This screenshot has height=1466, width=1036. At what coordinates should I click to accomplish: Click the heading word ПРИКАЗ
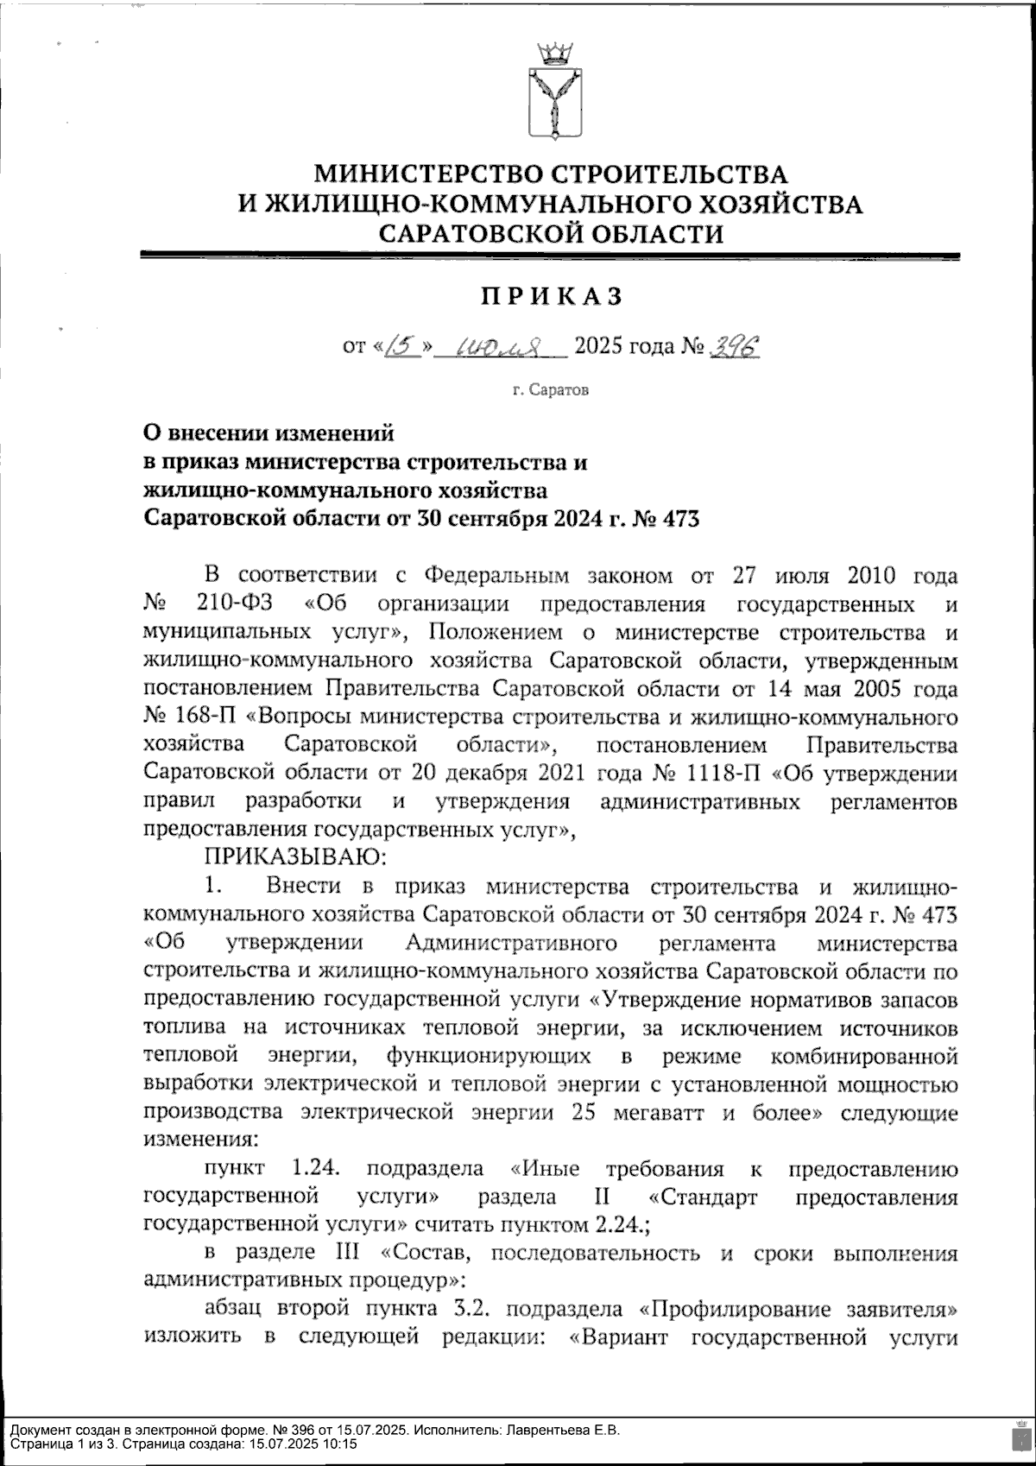tap(550, 296)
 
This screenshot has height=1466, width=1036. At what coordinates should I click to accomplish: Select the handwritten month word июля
tap(500, 347)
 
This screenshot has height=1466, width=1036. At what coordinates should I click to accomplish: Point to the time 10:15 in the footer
tap(341, 1444)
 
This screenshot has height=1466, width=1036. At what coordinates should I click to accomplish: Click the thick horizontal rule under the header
tap(550, 256)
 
